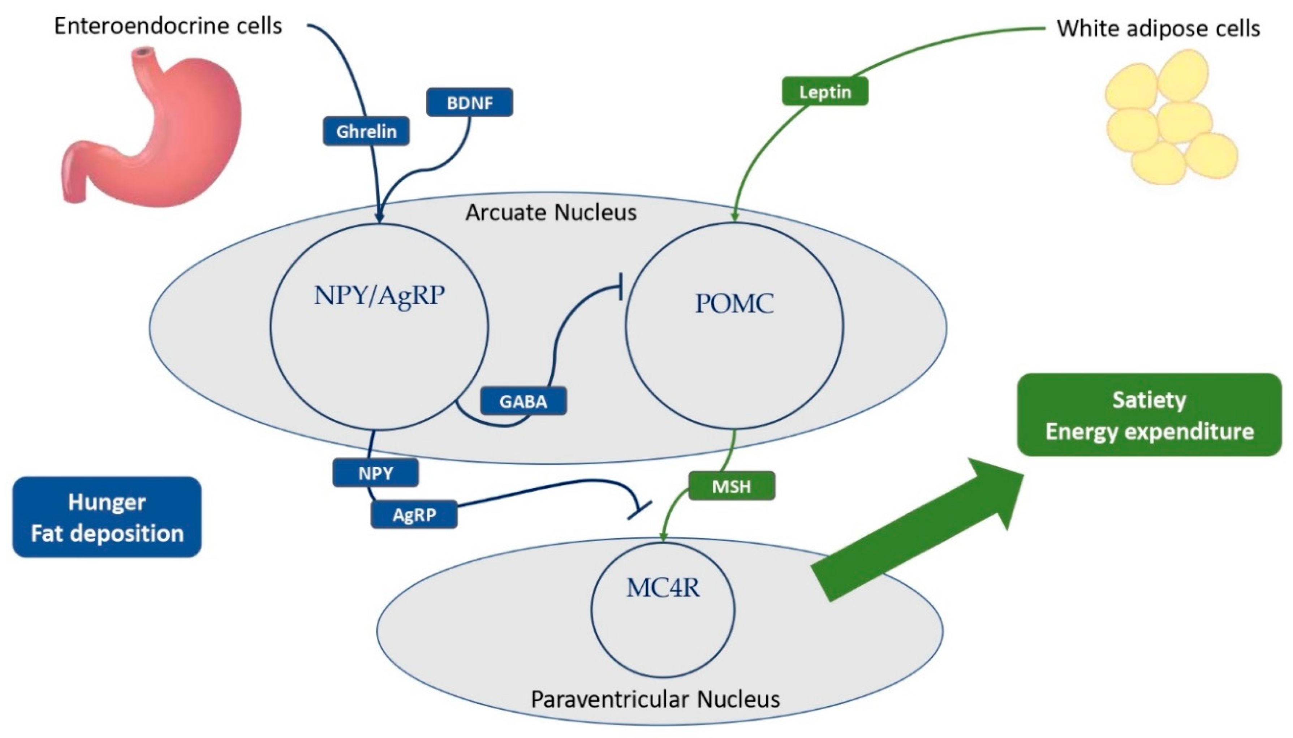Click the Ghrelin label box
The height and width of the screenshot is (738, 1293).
point(366,131)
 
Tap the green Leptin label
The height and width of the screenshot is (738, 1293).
point(825,92)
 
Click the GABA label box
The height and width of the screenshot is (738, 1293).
point(523,401)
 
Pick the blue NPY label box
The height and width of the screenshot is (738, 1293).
point(376,473)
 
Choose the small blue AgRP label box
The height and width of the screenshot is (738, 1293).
point(414,514)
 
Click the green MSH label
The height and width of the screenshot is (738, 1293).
point(731,486)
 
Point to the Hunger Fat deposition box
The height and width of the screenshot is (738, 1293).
point(107,517)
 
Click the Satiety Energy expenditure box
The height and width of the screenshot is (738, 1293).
point(1149,415)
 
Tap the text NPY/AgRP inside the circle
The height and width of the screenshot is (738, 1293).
point(379,295)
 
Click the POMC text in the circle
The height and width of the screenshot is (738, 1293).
point(734,303)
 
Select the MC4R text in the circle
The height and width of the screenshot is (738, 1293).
point(663,588)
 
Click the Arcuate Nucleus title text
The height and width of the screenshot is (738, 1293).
point(551,212)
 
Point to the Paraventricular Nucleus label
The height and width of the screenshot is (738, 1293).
point(655,699)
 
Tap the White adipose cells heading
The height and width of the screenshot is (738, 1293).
point(1158,29)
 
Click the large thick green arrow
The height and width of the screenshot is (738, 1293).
point(912,532)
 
